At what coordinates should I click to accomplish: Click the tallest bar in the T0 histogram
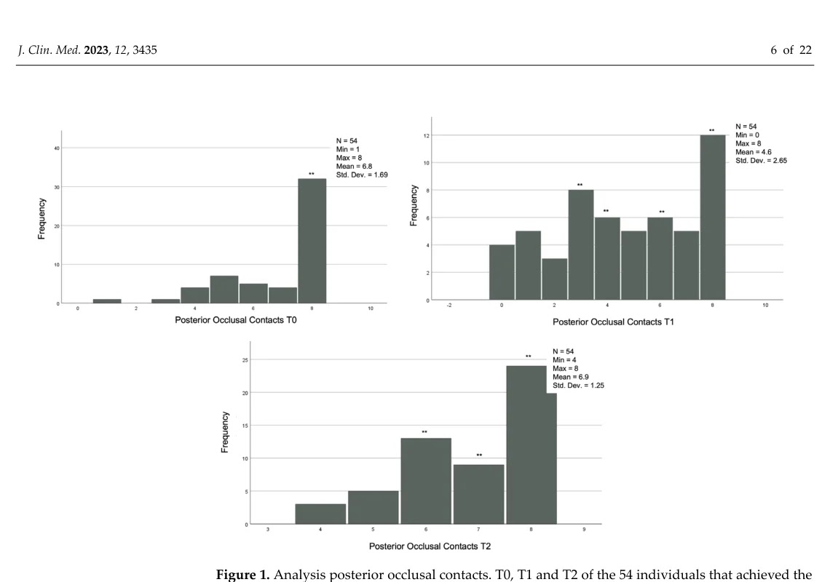tap(312, 240)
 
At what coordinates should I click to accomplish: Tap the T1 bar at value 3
tap(580, 244)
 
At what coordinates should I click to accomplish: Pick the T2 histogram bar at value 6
tap(426, 480)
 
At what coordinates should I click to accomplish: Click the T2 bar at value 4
tap(320, 513)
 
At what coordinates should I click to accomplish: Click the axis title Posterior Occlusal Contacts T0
tap(230, 319)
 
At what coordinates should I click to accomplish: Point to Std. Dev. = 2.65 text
tap(761, 160)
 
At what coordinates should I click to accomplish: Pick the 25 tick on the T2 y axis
tap(245, 359)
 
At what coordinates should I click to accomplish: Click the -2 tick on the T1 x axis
tap(449, 306)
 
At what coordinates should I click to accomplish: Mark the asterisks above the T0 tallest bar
tap(312, 174)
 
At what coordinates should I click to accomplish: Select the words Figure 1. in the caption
tap(241, 575)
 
